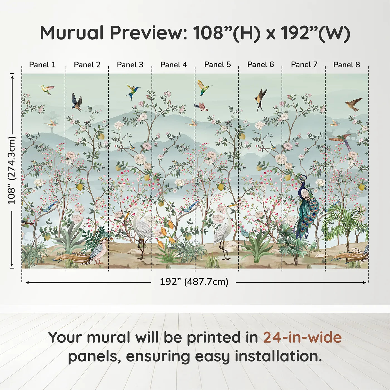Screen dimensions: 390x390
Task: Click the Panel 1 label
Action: pos(42,65)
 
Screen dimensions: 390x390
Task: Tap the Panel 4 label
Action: pos(174,65)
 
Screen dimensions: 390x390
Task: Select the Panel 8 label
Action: pos(347,65)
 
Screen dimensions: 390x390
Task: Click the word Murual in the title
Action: pos(72,33)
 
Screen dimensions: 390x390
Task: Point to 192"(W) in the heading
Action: pos(315,33)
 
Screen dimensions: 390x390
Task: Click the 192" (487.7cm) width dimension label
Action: pos(194,282)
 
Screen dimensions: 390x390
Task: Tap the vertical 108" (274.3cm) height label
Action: pos(12,170)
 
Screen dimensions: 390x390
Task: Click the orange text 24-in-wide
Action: pos(302,337)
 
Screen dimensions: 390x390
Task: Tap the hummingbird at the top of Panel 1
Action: pos(47,89)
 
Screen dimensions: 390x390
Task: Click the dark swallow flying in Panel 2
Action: pos(77,102)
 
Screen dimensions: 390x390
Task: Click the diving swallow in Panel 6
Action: pos(260,99)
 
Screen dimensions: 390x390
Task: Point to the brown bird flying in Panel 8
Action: pos(354,104)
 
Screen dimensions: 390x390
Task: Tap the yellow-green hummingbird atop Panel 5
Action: pos(204,87)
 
